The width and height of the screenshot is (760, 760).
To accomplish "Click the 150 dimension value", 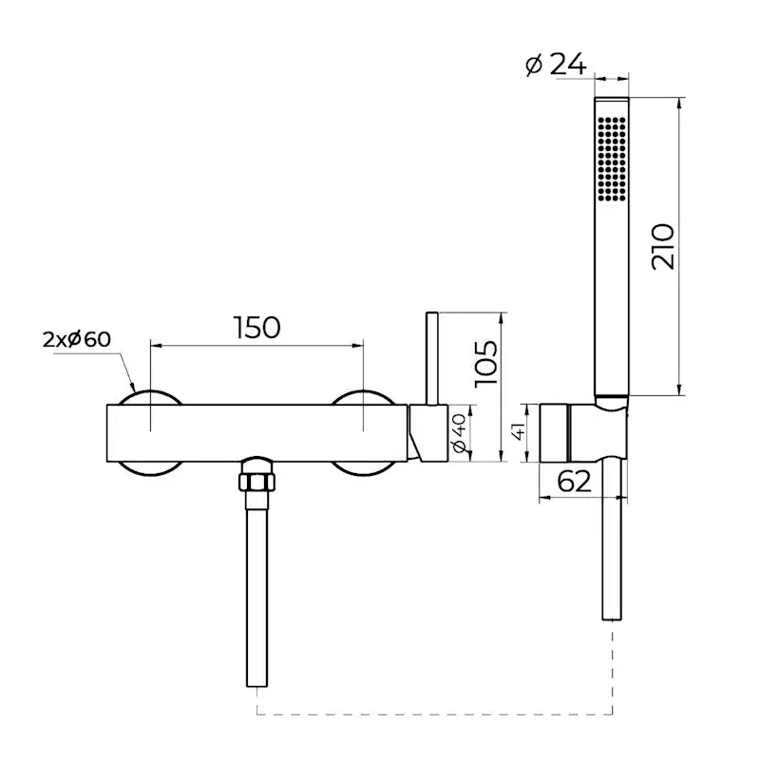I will click(x=256, y=327).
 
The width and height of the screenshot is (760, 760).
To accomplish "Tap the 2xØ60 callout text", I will click(x=77, y=339).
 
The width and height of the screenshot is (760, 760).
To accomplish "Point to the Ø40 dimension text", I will click(x=458, y=433).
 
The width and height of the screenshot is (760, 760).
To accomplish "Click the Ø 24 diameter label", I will click(x=556, y=66).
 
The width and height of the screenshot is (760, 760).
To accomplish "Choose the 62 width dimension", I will click(x=573, y=482).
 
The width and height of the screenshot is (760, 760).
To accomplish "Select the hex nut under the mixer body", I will click(x=256, y=480).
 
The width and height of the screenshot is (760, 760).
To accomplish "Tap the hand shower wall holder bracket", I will click(x=579, y=433).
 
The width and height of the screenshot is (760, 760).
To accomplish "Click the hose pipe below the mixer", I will click(x=257, y=589).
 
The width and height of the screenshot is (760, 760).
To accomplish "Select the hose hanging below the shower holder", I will click(x=611, y=541).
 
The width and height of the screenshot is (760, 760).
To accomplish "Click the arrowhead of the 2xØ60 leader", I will click(x=131, y=389).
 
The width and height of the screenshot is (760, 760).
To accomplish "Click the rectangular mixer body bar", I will click(x=256, y=433).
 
